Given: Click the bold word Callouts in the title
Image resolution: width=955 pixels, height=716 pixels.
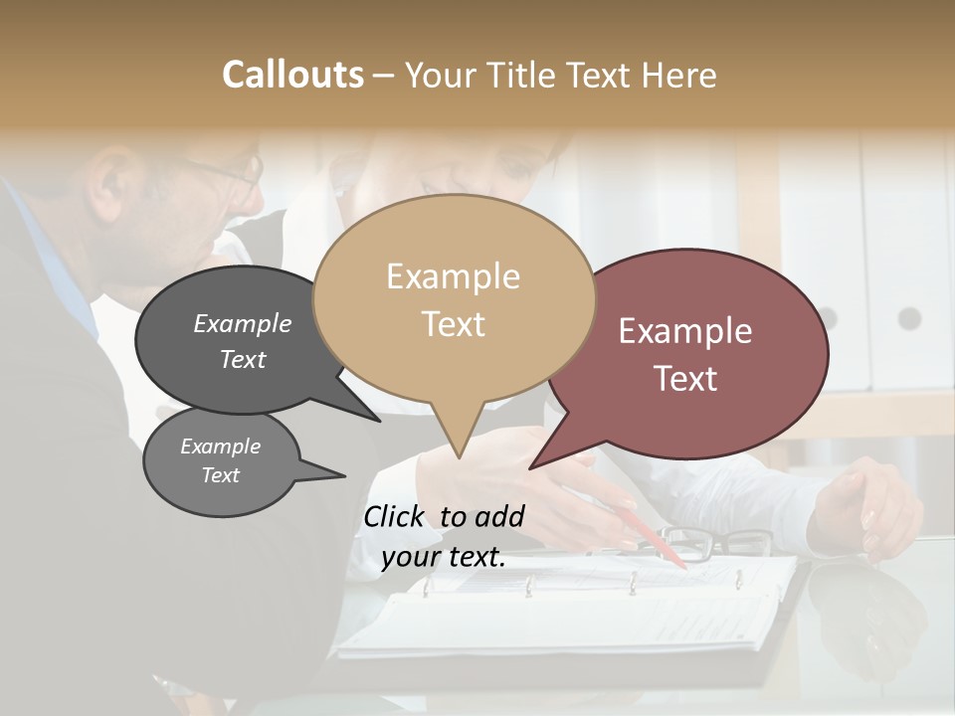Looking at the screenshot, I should pos(292,75).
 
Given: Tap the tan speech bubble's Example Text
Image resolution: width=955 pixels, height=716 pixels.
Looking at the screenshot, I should pos(454,299).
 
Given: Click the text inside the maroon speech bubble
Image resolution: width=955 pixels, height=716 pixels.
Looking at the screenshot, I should pos(685,354).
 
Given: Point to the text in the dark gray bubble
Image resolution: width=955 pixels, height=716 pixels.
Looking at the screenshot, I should pos(243,341).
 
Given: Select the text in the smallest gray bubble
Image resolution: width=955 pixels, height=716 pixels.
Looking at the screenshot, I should pos(220,460).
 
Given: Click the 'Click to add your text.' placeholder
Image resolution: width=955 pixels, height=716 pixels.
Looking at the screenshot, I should pos(444,536).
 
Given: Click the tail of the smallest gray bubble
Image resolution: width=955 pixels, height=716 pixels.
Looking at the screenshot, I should pos(333,474).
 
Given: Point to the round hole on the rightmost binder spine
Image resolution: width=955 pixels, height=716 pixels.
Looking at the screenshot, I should pos(909,318).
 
